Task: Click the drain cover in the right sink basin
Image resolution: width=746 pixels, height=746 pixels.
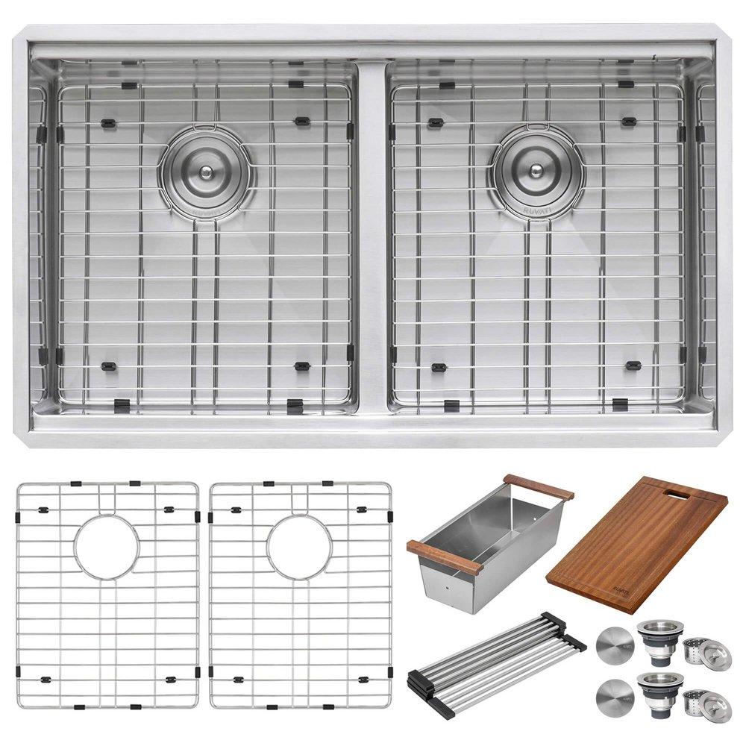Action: (x=537, y=171)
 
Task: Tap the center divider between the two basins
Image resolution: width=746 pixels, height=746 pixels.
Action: (x=372, y=239)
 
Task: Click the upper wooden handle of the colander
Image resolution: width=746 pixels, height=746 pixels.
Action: (x=538, y=487)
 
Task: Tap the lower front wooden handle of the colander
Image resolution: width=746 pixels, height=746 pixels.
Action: (x=443, y=557)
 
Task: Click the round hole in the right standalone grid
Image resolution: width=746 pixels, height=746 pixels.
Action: (x=299, y=547)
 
